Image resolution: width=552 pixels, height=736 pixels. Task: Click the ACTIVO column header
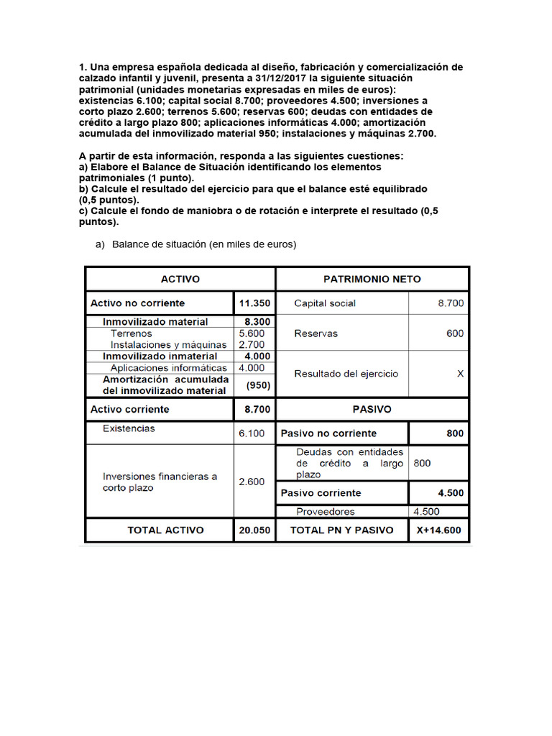tap(180, 279)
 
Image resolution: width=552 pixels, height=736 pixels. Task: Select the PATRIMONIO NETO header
tap(372, 279)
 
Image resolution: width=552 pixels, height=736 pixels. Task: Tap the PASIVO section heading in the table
tap(372, 409)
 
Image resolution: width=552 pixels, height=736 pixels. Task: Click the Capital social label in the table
tap(325, 303)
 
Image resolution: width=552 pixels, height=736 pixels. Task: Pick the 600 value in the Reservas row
tap(454, 333)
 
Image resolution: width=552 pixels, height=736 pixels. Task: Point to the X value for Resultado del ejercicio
tap(460, 374)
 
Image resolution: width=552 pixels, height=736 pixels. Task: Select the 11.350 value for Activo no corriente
tap(254, 303)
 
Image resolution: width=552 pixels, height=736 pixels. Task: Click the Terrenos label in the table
tap(132, 333)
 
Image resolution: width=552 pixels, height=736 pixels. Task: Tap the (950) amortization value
tap(257, 385)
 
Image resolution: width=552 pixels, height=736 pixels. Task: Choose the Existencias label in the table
tap(129, 428)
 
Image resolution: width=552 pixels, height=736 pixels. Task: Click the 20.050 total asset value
tap(254, 530)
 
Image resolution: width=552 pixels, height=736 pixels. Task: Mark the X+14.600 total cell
tap(439, 530)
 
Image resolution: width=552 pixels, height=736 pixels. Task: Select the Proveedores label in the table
tap(325, 512)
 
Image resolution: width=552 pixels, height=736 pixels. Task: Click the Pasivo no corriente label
tap(328, 433)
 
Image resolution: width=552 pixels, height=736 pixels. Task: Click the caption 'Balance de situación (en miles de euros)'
tap(203, 244)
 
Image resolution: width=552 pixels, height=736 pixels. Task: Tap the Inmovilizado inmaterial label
tap(160, 356)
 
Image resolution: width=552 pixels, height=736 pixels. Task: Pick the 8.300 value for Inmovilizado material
tap(257, 322)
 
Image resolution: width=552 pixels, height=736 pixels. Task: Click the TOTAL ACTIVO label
tap(165, 530)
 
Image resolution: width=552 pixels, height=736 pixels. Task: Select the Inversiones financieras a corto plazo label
tap(160, 482)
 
